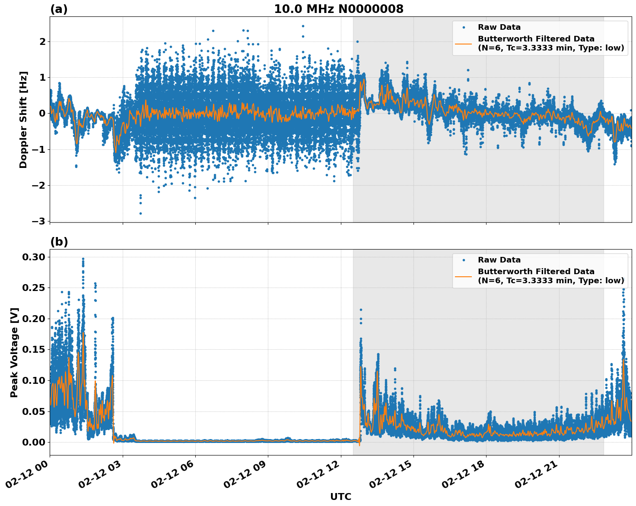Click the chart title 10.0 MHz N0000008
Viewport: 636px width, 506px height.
339,9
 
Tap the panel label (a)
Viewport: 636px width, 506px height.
59,9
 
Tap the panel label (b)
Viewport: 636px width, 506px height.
59,242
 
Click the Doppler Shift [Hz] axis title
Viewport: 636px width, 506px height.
23,120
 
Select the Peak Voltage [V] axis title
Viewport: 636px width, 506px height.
14,352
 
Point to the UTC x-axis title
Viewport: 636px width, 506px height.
340,497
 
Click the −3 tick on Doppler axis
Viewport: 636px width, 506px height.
38,221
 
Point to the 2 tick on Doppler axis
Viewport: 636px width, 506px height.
42,41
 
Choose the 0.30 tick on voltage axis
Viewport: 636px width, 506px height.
34,257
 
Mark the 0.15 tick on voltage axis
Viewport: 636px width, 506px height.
34,349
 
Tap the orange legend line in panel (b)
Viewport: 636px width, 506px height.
464,276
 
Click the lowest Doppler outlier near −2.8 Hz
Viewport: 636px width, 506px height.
140,213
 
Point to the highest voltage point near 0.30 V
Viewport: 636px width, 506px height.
83,259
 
